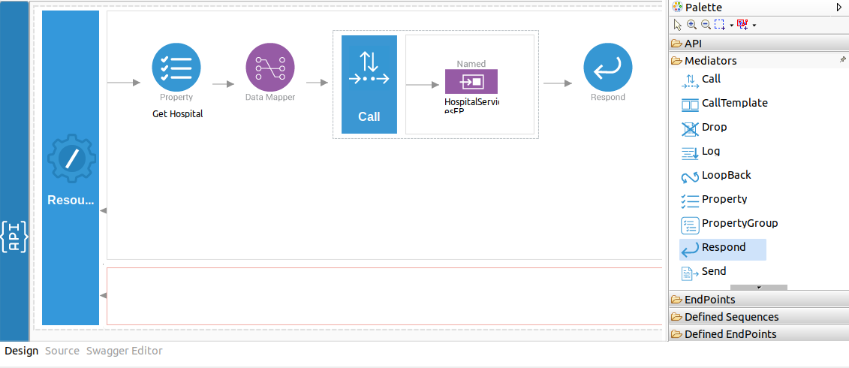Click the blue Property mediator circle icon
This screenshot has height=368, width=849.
pos(176,67)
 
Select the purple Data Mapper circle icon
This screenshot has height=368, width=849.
pos(270,67)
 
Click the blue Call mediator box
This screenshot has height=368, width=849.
pos(369,84)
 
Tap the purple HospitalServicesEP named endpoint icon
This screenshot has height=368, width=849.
pos(471,81)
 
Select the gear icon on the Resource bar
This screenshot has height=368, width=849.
pos(71,158)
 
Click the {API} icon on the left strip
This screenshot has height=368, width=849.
pos(14,236)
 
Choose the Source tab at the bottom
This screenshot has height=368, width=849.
pos(62,351)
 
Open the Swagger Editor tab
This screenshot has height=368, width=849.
pos(124,351)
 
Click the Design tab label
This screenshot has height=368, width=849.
pos(21,351)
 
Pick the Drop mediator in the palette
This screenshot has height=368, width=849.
pos(714,128)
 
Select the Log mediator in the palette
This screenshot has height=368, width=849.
pos(710,152)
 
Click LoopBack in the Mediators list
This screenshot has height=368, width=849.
pos(725,176)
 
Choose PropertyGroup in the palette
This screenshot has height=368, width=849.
pos(739,224)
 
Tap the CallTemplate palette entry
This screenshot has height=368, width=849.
pos(733,104)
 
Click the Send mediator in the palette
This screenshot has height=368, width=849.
pos(713,272)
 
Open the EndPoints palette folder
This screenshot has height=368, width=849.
pos(709,300)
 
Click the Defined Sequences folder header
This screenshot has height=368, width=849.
pos(731,317)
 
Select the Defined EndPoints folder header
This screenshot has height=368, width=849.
pos(730,334)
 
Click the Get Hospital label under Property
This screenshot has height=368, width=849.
pos(177,114)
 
